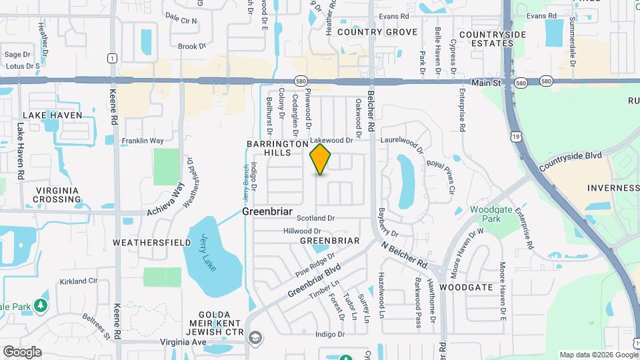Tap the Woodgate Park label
tap(490, 214)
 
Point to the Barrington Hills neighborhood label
tap(277, 148)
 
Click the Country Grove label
tap(377, 32)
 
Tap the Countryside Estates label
tap(493, 39)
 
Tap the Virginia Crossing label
tap(57, 195)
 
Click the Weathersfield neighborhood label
tap(147, 242)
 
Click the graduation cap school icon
tap(254, 339)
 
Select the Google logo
tap(22, 351)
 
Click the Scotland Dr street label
tap(315, 218)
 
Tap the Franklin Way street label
tap(142, 141)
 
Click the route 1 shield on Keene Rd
tap(113, 58)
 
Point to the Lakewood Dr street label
tap(331, 141)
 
